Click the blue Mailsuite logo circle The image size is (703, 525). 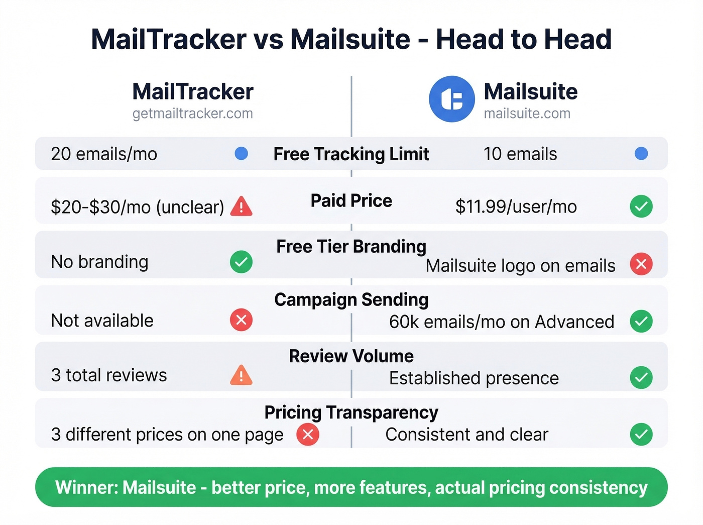pos(451,99)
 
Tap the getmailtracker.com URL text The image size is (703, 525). pos(193,114)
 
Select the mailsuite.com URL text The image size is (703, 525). pos(527,114)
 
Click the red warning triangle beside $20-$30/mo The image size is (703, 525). pos(241,206)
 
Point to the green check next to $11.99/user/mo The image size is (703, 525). pos(641,206)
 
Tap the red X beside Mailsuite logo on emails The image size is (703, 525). pos(641,264)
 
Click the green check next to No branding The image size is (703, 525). pos(241,262)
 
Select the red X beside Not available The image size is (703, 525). pos(241,320)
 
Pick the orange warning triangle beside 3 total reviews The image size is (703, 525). pos(241,375)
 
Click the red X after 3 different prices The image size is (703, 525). pos(308,435)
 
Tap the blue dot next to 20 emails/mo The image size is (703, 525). pos(241,154)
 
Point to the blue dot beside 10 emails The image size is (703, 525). pos(641,154)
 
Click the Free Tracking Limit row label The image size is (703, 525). pos(351,154)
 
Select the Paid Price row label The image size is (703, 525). pos(351,201)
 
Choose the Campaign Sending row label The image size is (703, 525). pos(351,300)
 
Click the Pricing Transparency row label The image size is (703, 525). pos(351,412)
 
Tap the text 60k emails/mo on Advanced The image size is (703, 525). pos(502,322)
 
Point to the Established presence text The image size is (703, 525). pos(474,378)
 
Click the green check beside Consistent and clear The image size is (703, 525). pos(641,435)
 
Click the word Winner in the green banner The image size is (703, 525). pos(86,488)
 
